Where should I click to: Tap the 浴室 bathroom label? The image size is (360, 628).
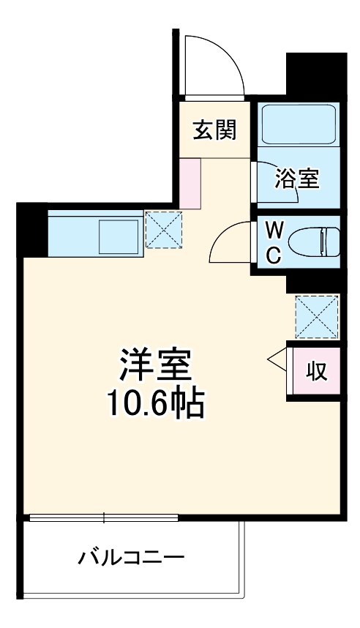tap(297, 178)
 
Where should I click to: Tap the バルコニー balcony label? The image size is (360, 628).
tap(130, 558)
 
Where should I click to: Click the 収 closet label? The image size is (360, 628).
tap(315, 371)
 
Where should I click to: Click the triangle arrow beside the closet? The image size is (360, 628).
tap(278, 359)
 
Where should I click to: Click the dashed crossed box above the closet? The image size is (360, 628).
tap(317, 316)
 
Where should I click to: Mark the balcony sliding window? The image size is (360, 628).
tap(104, 518)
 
